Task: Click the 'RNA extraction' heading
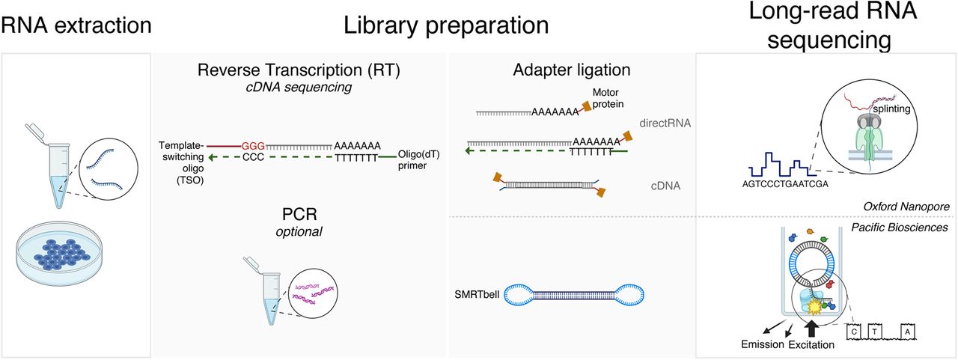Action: [x=77, y=27]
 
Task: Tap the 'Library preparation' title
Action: [x=446, y=27]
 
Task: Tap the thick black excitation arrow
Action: [x=815, y=327]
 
